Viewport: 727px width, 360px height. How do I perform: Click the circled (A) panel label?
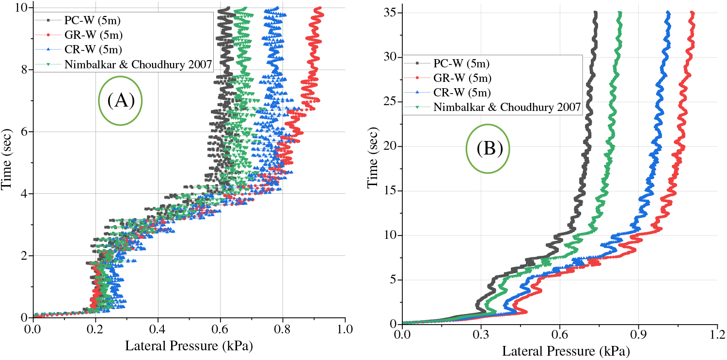point(120,100)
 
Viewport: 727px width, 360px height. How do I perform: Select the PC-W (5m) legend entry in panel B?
point(460,63)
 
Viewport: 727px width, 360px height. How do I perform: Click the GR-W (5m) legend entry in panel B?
point(460,78)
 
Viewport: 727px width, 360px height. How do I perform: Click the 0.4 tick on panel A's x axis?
point(158,329)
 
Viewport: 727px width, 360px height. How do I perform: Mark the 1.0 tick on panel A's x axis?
point(345,329)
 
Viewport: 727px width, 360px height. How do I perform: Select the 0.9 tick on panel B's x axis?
point(638,335)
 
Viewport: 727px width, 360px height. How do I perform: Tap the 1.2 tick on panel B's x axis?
point(717,335)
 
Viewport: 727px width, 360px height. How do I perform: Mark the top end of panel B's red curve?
point(692,13)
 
